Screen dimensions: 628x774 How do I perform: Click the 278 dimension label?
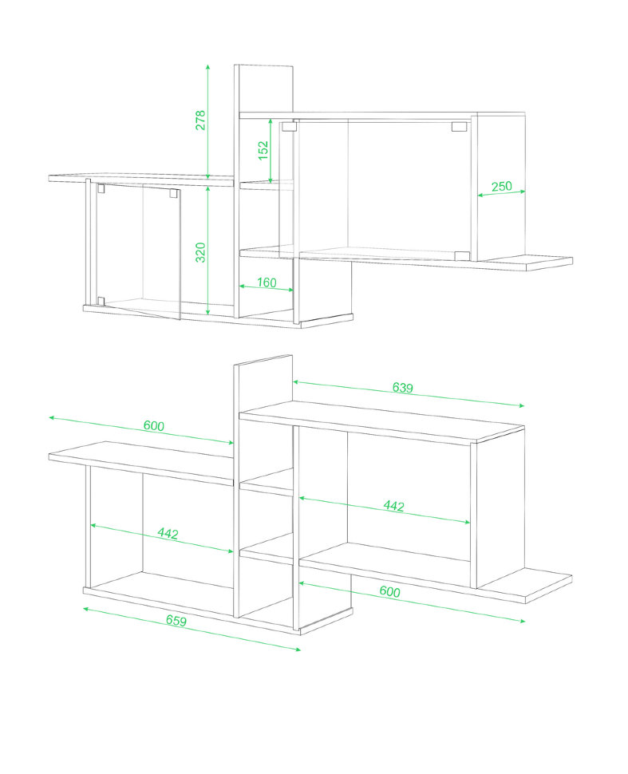[x=200, y=120]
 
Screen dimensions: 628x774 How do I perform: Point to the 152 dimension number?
[x=263, y=150]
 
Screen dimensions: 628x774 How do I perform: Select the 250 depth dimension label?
[x=502, y=187]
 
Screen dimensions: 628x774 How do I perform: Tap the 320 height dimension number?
[x=200, y=252]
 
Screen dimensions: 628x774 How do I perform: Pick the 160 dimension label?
[x=267, y=282]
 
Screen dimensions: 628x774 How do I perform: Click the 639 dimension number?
[x=403, y=388]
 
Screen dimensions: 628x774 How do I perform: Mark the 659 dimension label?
[x=176, y=620]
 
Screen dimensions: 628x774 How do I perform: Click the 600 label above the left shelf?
[x=154, y=425]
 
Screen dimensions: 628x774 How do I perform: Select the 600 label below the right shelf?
[x=389, y=591]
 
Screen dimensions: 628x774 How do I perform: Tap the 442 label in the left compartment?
[x=168, y=533]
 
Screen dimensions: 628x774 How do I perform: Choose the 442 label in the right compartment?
[x=394, y=506]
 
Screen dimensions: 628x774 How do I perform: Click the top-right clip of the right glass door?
[x=459, y=127]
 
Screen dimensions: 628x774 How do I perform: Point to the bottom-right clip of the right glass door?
[x=462, y=255]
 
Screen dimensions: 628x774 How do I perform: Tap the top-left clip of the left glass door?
[x=101, y=188]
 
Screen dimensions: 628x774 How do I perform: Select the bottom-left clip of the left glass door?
[x=101, y=301]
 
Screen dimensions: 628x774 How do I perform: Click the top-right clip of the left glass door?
[x=174, y=193]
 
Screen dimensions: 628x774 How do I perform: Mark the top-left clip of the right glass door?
[x=289, y=126]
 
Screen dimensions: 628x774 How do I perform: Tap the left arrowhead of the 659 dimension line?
[x=86, y=609]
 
